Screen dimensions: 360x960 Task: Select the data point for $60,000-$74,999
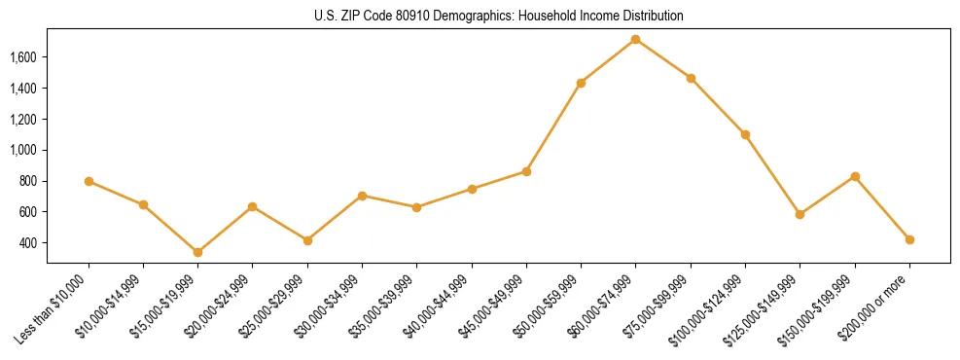(635, 39)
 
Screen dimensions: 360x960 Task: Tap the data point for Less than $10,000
(89, 181)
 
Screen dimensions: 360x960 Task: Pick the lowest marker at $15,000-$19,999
(197, 252)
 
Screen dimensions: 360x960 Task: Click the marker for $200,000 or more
(909, 239)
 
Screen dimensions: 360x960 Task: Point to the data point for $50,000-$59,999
(581, 83)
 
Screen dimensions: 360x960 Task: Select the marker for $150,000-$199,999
(855, 176)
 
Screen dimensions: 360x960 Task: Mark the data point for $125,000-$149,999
(800, 214)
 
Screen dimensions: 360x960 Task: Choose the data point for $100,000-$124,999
(745, 134)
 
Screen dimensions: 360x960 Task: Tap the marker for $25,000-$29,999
(307, 240)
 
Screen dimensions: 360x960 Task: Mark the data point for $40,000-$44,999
(472, 189)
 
